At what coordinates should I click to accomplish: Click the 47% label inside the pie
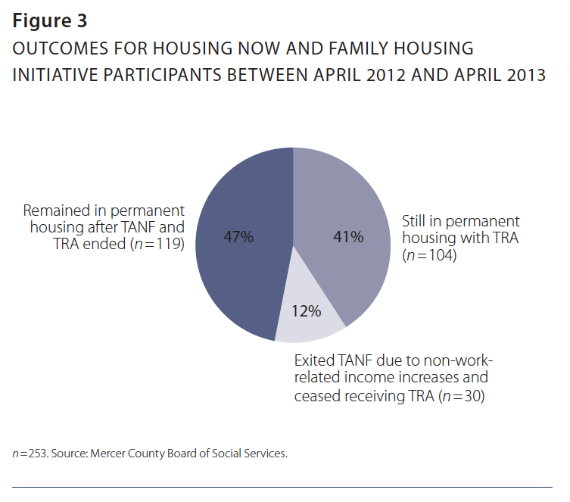click(238, 237)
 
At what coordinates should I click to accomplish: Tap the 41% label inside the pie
click(349, 237)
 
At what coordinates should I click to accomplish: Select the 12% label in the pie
click(307, 310)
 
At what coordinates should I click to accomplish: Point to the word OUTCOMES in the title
click(61, 49)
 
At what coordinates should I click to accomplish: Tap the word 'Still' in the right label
click(415, 221)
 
